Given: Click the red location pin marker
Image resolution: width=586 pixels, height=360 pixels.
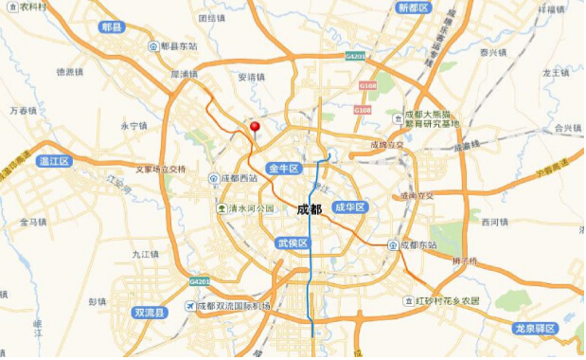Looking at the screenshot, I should [x=254, y=129].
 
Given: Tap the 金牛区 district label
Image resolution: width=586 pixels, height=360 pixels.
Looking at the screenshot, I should [x=284, y=168].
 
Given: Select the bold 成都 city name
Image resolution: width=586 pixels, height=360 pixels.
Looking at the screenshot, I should [x=310, y=209].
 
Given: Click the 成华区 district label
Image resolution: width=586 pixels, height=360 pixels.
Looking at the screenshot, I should [x=349, y=207].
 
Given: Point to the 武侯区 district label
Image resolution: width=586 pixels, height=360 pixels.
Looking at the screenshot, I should [x=293, y=243].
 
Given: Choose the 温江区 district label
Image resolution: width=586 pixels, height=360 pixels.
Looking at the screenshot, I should [x=55, y=162].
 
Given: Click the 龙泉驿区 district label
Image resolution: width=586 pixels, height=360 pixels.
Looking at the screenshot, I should [x=536, y=329].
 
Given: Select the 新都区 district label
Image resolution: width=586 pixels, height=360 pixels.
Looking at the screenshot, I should [x=414, y=8].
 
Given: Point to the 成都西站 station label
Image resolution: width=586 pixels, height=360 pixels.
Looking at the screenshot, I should [x=238, y=177].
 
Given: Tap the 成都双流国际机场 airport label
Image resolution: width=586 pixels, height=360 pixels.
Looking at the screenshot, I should [x=232, y=306].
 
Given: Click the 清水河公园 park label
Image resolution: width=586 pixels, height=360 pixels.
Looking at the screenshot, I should [x=249, y=208].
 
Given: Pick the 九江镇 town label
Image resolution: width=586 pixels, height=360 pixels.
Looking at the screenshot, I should [x=146, y=254].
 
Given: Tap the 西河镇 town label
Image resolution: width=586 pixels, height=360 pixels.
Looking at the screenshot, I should [x=495, y=223].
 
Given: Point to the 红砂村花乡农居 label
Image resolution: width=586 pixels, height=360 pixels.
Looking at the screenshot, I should [x=448, y=300].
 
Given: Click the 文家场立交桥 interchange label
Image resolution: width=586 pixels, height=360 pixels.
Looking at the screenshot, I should [x=160, y=171].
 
